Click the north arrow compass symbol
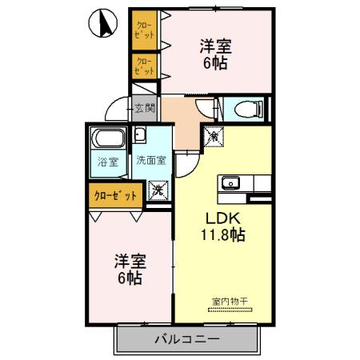click(102, 23)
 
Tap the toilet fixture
click(242, 110)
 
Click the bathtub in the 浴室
click(109, 141)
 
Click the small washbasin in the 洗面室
click(138, 134)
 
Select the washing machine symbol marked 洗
click(158, 190)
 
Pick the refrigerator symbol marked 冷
click(214, 137)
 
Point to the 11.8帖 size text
click(222, 235)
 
